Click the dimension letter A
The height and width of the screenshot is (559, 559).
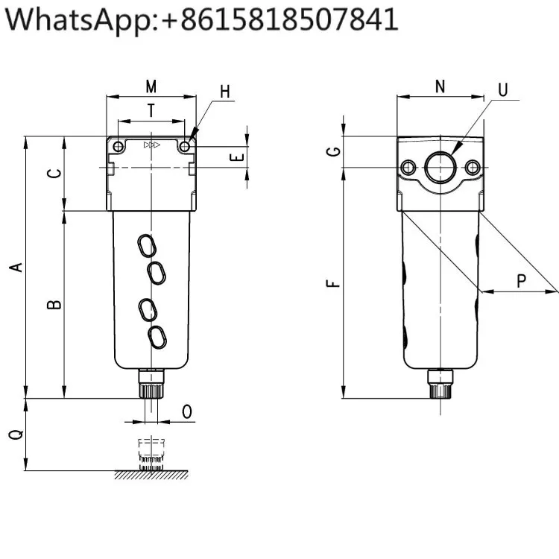(x=20, y=267)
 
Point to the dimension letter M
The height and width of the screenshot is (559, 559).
(x=152, y=86)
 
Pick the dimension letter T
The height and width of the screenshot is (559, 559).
(x=151, y=111)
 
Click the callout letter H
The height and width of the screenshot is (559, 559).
(x=225, y=92)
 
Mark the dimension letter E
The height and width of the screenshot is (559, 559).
(x=236, y=157)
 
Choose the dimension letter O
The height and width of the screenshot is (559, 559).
(x=187, y=411)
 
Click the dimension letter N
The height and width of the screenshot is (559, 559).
(x=440, y=86)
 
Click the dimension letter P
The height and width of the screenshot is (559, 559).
(x=521, y=281)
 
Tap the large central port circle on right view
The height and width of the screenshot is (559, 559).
(x=440, y=167)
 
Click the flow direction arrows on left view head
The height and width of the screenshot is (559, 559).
(x=152, y=145)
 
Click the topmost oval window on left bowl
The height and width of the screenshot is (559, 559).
(x=147, y=245)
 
